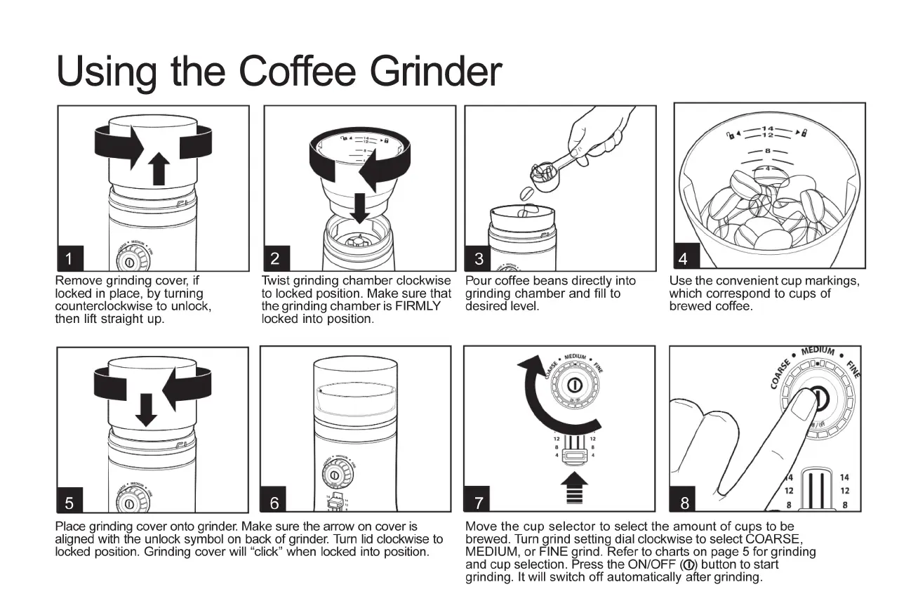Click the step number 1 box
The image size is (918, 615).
[70, 258]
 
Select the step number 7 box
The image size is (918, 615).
[477, 498]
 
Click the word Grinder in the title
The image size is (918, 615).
[436, 71]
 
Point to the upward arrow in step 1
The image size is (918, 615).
[159, 168]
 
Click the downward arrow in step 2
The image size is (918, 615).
[360, 209]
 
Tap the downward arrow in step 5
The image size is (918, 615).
[146, 410]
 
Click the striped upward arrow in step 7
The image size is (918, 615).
[574, 488]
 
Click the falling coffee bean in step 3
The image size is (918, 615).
[527, 193]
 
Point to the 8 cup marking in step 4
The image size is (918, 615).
[768, 151]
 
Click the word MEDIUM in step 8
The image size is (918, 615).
[818, 350]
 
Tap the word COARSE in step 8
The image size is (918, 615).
[780, 373]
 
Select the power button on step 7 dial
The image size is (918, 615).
[575, 385]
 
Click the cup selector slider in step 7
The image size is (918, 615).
[575, 456]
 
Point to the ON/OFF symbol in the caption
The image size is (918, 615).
[688, 565]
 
